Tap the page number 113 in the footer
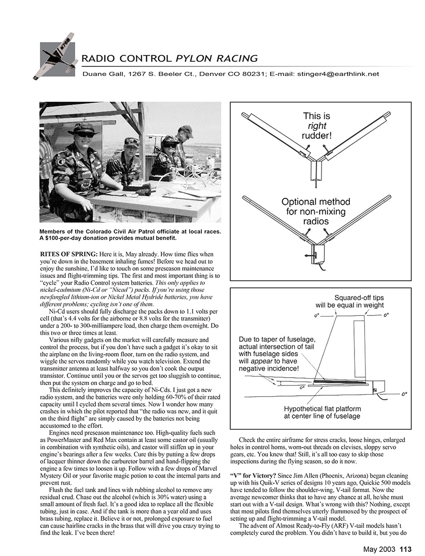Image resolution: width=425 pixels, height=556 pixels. (x=406, y=550)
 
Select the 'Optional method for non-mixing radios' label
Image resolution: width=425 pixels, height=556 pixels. (x=316, y=211)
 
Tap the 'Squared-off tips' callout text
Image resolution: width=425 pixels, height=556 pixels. (x=359, y=298)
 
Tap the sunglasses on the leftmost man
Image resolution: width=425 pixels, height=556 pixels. (x=84, y=134)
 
